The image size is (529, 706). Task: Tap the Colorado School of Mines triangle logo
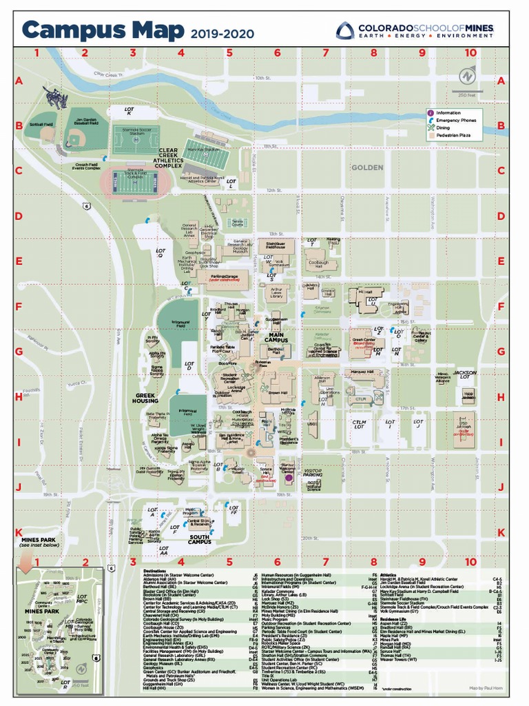coord(345,30)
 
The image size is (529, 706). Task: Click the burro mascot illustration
coord(55,97)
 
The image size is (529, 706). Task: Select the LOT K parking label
coord(129,110)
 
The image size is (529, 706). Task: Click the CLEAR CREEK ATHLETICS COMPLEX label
coord(169,158)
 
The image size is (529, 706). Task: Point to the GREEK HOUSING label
coord(145,398)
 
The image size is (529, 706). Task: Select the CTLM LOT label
coord(360,425)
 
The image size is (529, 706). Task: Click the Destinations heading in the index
coord(154,571)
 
